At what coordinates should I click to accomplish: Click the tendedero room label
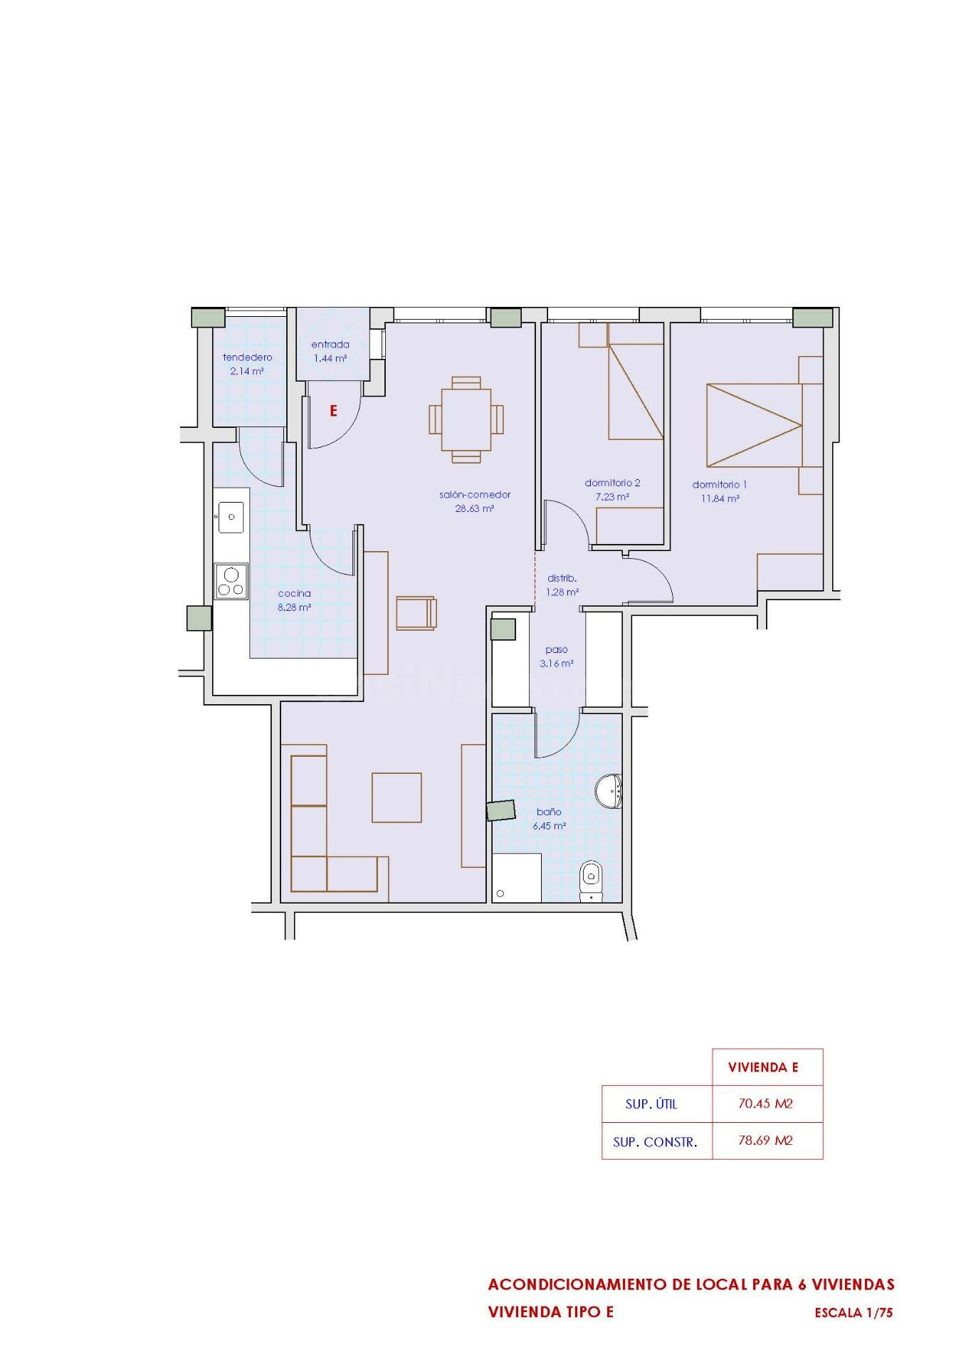pos(248,357)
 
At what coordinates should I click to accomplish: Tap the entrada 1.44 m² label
pos(330,352)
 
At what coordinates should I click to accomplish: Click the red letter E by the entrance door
pos(332,411)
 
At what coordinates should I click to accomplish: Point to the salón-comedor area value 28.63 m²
pos(475,509)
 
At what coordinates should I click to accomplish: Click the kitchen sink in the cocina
pos(231,518)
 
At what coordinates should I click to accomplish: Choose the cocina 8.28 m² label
pos(295,600)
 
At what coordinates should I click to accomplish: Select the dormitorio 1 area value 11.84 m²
pos(720,499)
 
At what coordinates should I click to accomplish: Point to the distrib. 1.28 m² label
pos(562,585)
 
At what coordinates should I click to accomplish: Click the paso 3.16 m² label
pos(557,656)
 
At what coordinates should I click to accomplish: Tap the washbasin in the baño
pos(609,792)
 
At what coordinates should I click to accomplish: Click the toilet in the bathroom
pos(591,882)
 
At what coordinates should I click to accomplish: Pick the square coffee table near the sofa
pos(397,797)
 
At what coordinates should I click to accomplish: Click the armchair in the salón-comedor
pos(416,613)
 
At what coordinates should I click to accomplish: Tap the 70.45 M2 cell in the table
pos(765,1104)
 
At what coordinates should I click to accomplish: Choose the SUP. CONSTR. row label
pos(655,1143)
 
